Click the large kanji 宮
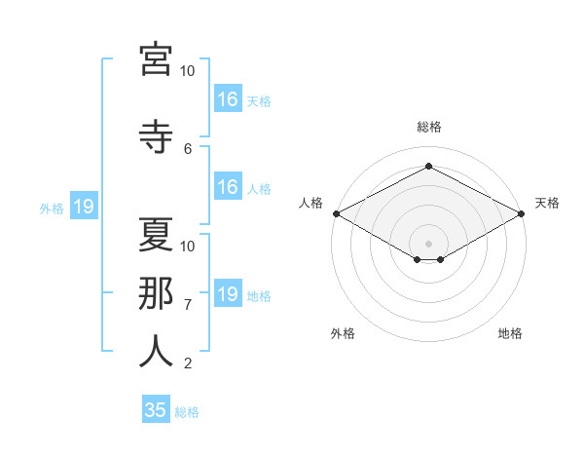(156, 59)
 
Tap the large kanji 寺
(156, 136)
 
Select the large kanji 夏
(156, 235)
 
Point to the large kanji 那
(156, 293)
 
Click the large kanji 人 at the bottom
(156, 352)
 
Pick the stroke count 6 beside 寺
(188, 149)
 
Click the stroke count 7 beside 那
(188, 305)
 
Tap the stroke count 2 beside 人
(188, 363)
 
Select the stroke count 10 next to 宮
(187, 71)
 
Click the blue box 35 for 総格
(156, 408)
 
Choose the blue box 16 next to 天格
(228, 98)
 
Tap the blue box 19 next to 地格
(228, 292)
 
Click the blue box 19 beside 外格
(84, 206)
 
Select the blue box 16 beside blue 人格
(228, 186)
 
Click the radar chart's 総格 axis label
(429, 127)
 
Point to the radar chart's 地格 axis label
(510, 333)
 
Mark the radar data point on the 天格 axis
(522, 213)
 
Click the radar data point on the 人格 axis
(337, 213)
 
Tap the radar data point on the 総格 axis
(428, 166)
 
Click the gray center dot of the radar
(428, 244)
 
